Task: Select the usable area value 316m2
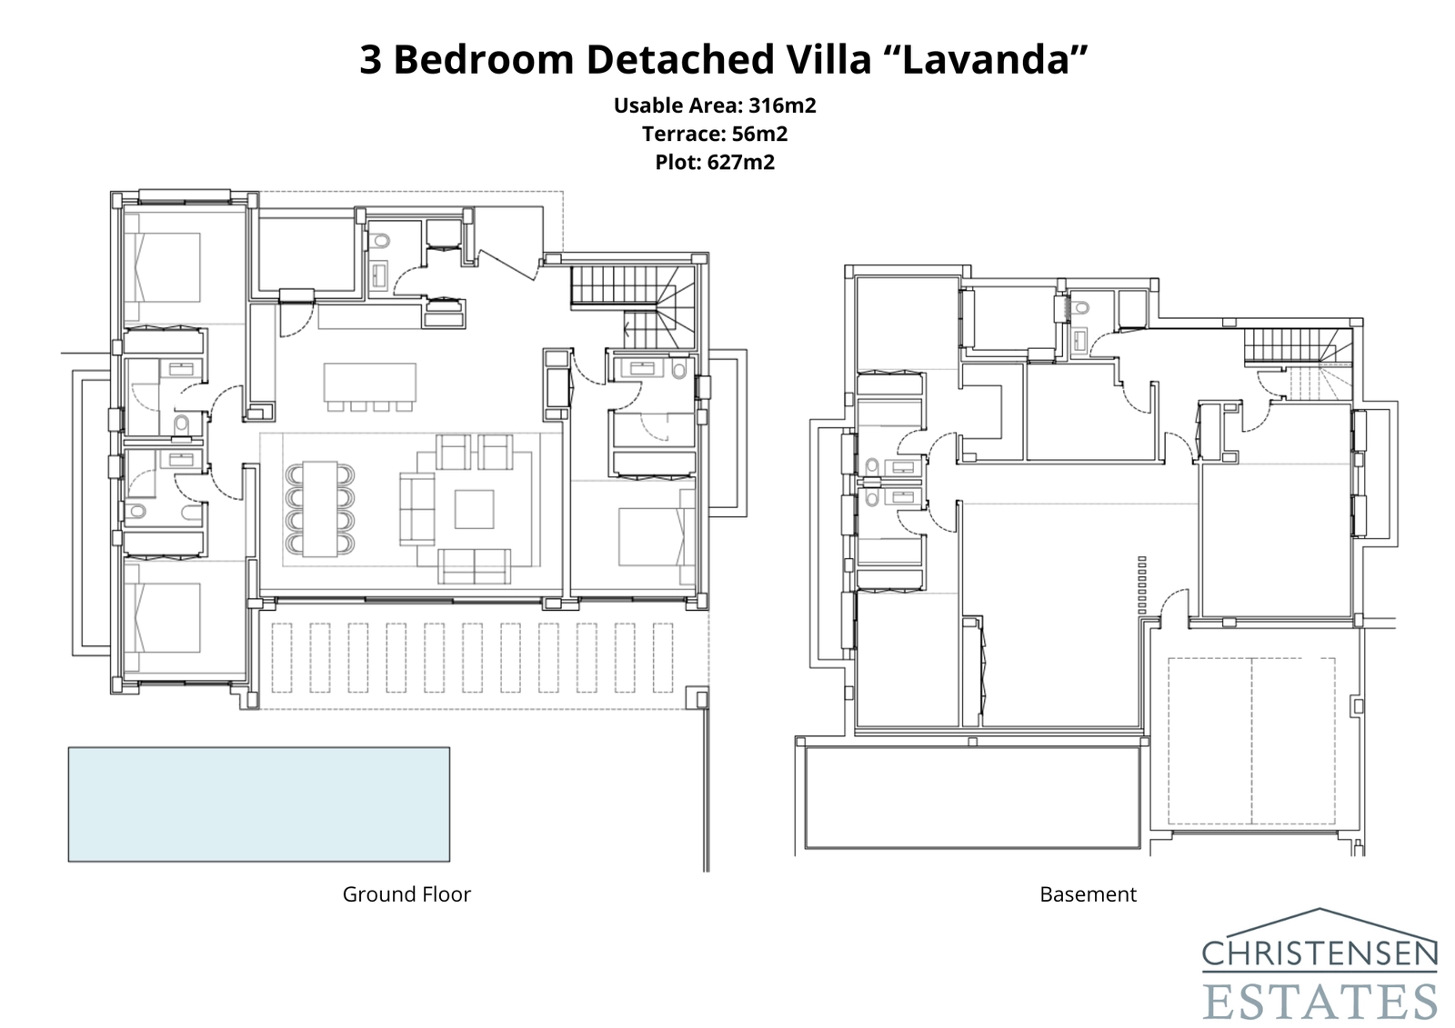[782, 105]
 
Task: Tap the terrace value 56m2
[759, 135]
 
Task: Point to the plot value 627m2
[740, 163]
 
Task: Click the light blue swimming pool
[258, 803]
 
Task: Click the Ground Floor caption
[406, 894]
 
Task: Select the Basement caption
[1088, 894]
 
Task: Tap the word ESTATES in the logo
[1320, 1000]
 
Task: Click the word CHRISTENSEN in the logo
[1320, 954]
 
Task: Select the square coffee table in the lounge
[474, 509]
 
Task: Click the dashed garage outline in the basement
[1251, 740]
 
